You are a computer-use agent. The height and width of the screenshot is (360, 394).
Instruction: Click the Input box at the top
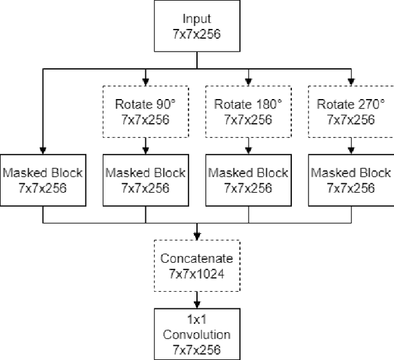197,26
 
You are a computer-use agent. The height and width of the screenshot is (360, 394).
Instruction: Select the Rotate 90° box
146,111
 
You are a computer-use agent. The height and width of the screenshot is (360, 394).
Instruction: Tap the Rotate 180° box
248,111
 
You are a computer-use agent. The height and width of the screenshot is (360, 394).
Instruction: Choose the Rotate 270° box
351,111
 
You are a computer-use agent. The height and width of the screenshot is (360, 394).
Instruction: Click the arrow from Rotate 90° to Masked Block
146,145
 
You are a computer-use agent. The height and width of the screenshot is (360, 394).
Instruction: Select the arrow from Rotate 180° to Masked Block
248,145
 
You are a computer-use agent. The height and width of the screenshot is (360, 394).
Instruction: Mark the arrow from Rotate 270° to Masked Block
351,145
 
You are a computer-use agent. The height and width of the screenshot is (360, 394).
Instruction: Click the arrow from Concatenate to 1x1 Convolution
197,300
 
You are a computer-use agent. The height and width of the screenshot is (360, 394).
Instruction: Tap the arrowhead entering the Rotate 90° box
146,81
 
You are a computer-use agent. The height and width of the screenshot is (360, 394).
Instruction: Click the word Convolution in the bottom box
197,335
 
